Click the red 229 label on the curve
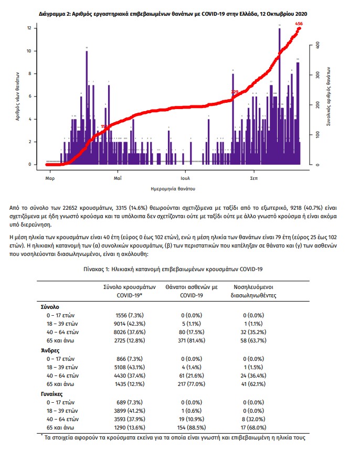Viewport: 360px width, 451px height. (235, 92)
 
